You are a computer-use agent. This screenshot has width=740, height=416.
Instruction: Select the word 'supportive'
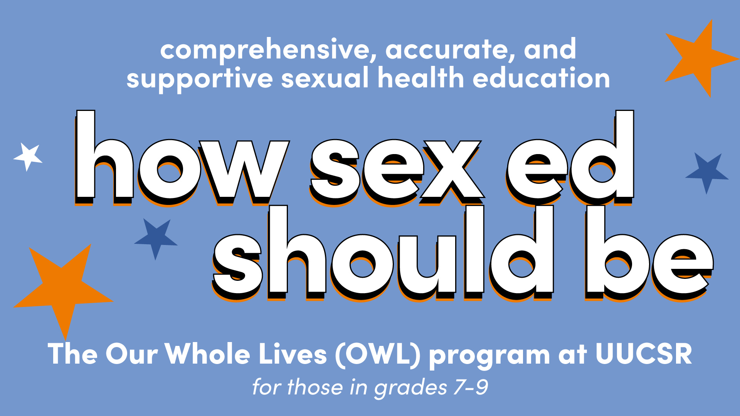(200, 79)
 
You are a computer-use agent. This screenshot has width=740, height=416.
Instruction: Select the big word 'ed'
(570, 158)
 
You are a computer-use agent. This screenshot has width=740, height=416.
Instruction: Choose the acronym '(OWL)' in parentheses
(378, 354)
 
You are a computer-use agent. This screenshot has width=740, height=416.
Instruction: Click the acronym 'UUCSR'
(644, 353)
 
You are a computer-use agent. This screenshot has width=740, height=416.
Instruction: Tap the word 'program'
(489, 356)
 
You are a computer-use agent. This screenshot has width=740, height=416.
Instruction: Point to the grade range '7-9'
(471, 387)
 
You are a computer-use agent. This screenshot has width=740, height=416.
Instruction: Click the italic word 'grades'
(410, 388)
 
